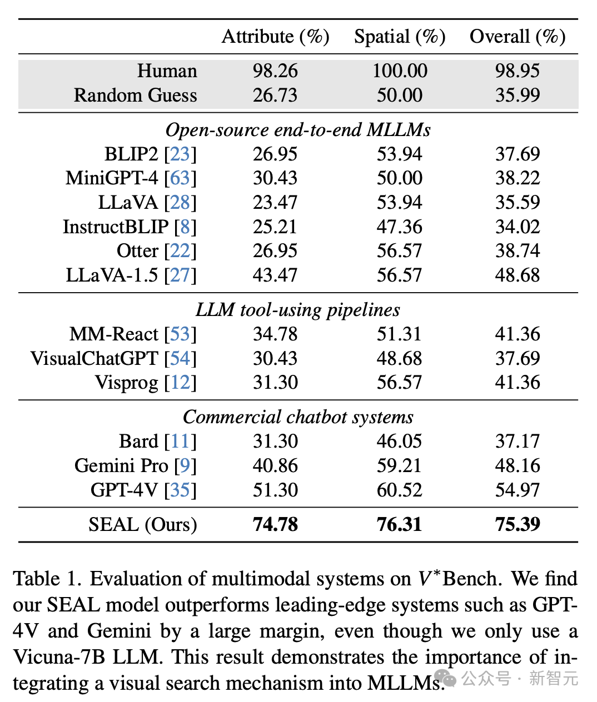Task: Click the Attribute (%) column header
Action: pyautogui.click(x=275, y=37)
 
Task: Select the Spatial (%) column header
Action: pyautogui.click(x=400, y=37)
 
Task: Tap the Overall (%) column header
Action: pyautogui.click(x=518, y=37)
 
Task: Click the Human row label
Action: pyautogui.click(x=167, y=71)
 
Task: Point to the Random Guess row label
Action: pyautogui.click(x=135, y=96)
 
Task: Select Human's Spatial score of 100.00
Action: pyautogui.click(x=400, y=71)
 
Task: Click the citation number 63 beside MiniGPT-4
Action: pyautogui.click(x=180, y=178)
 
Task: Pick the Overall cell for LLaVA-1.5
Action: pyautogui.click(x=518, y=275)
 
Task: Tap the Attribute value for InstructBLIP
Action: pyautogui.click(x=275, y=227)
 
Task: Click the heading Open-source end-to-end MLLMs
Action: pyautogui.click(x=298, y=130)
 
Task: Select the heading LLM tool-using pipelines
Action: pyautogui.click(x=298, y=310)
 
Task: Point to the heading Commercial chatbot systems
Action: pyautogui.click(x=298, y=417)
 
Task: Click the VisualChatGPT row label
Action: pyautogui.click(x=94, y=358)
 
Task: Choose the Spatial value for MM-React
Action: pyautogui.click(x=400, y=334)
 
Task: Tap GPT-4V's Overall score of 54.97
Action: pyautogui.click(x=518, y=490)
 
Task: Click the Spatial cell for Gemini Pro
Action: pyautogui.click(x=400, y=465)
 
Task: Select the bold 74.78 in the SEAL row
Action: pyautogui.click(x=275, y=524)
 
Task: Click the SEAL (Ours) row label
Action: pyautogui.click(x=143, y=524)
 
